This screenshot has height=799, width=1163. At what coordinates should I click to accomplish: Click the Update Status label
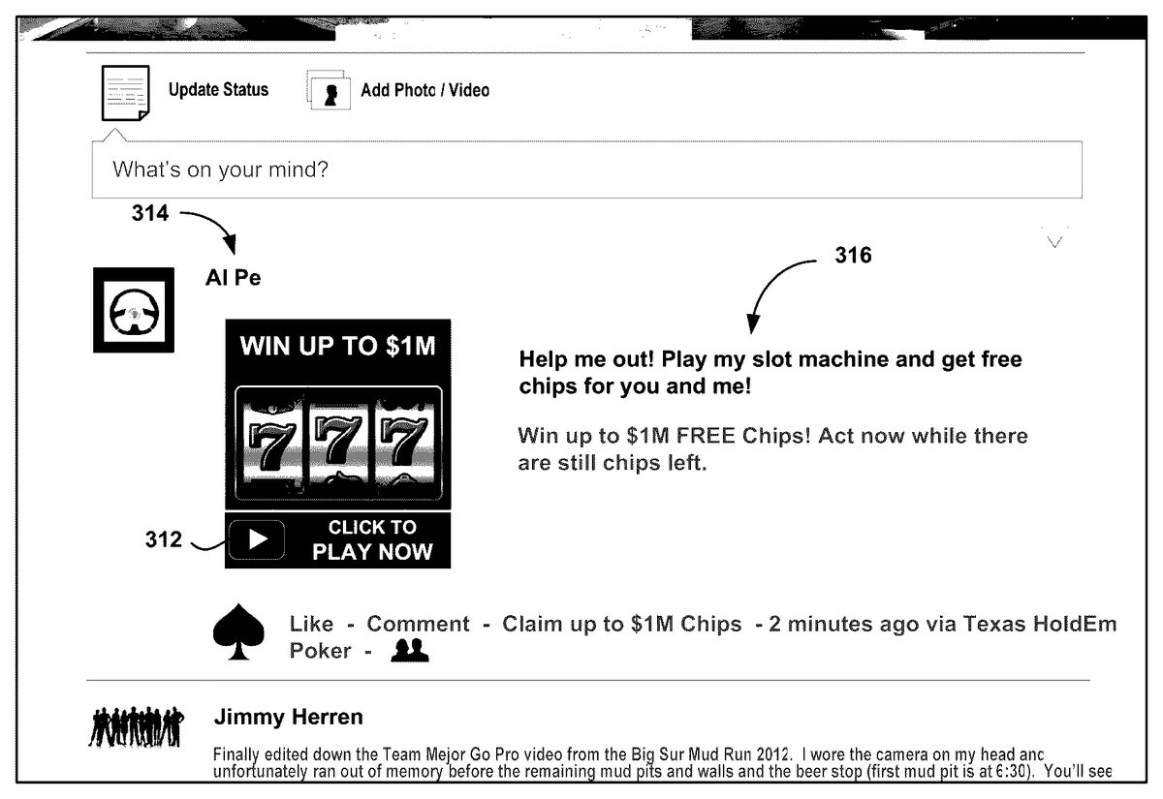[219, 90]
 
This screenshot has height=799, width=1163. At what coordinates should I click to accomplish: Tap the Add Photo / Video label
[425, 90]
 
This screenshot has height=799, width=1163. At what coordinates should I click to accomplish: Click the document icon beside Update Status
[126, 93]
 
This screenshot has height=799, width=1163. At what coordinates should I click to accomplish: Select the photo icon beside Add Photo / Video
[329, 90]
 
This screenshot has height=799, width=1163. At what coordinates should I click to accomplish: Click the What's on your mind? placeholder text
[221, 169]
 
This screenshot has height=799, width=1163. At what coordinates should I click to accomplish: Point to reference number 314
[150, 213]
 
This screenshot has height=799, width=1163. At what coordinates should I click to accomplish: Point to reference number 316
[854, 256]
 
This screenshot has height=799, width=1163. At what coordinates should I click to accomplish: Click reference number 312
[164, 539]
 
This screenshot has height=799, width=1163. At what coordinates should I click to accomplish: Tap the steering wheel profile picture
[134, 310]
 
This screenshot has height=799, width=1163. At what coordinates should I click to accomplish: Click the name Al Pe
[234, 278]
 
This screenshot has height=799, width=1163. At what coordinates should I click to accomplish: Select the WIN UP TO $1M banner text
[338, 346]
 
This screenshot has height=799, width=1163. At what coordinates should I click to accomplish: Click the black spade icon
[238, 631]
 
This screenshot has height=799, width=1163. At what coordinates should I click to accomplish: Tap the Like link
[311, 624]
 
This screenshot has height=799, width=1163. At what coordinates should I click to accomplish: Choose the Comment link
[418, 624]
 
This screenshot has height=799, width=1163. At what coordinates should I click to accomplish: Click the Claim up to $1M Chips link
[622, 624]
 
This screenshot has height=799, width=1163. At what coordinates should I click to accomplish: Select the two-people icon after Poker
[410, 651]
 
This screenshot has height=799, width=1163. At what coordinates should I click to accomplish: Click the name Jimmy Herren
[289, 717]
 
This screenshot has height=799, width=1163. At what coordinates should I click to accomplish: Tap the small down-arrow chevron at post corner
[1054, 242]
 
